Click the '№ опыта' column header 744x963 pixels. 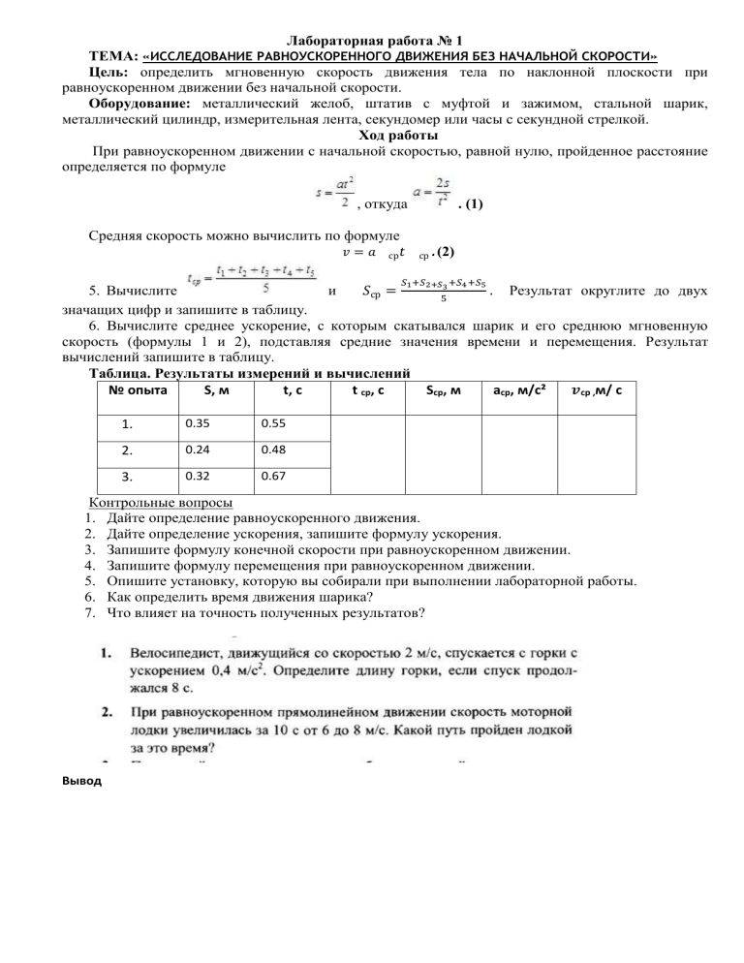point(134,391)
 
